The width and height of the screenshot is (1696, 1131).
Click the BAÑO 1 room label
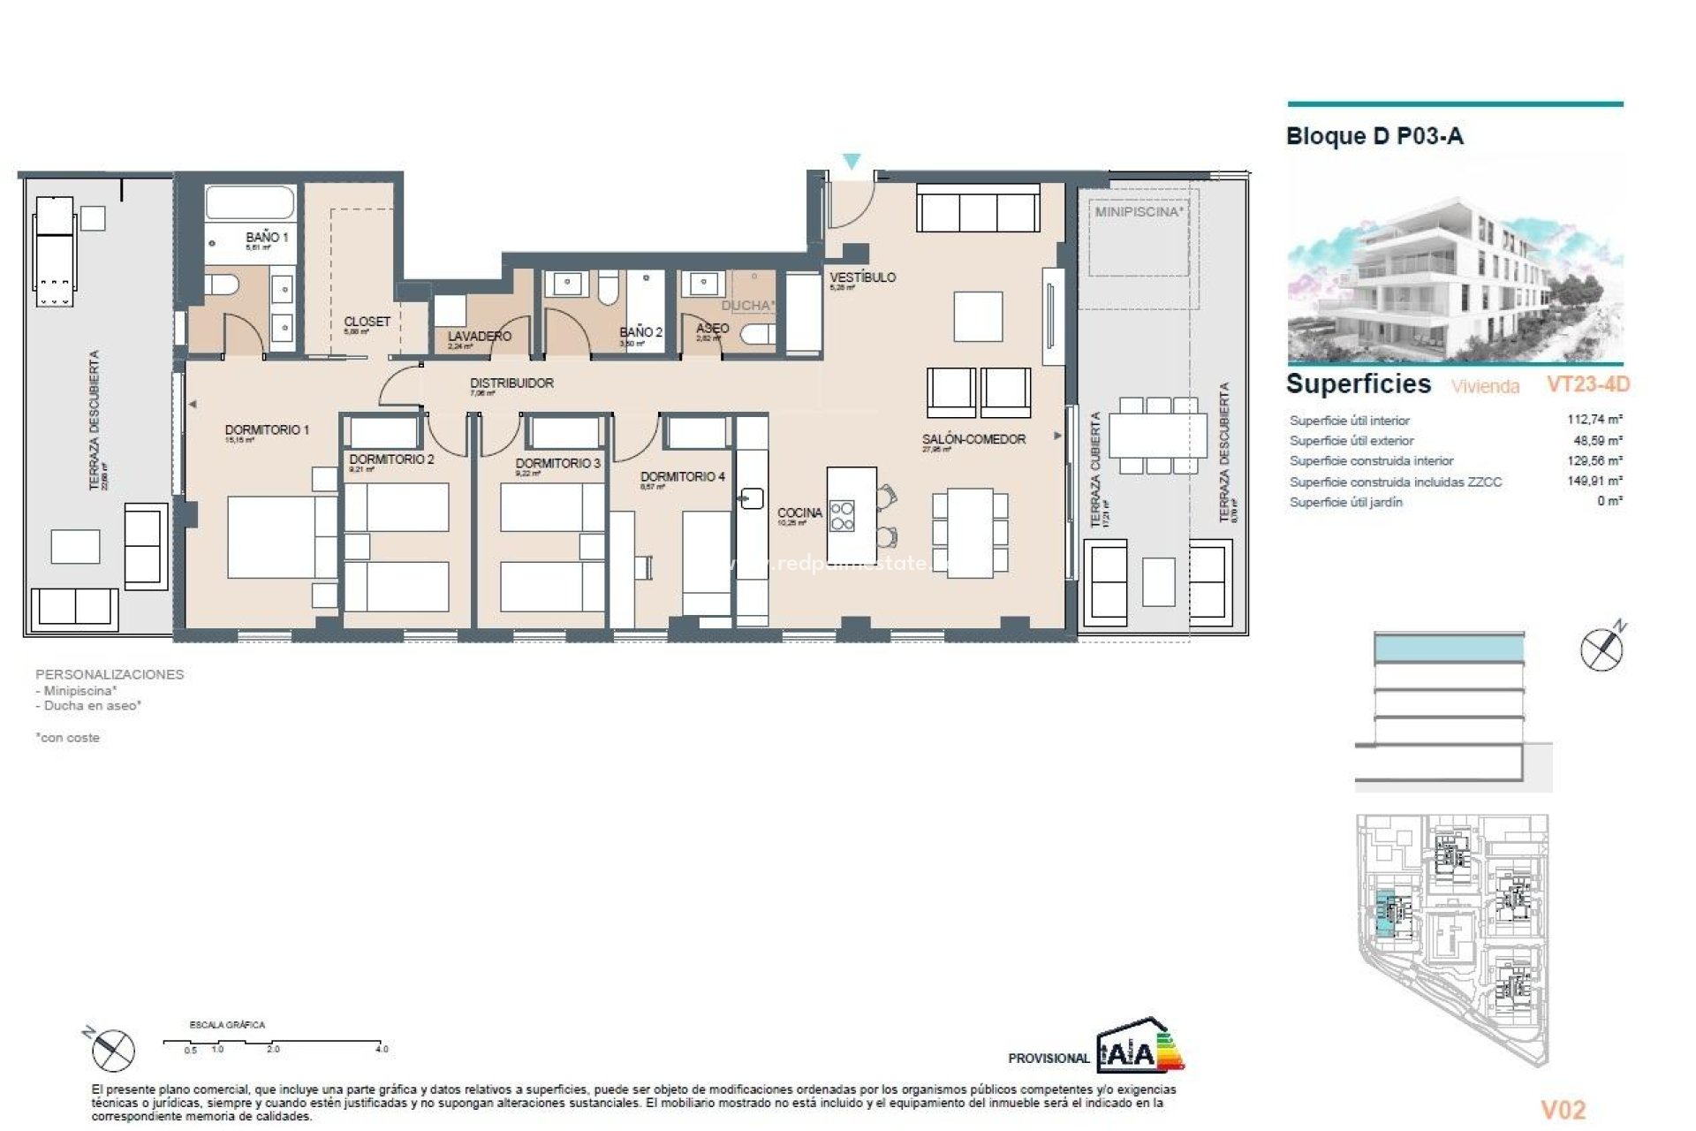[266, 237]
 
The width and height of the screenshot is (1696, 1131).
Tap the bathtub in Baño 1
[250, 202]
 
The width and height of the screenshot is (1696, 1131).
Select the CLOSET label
[367, 322]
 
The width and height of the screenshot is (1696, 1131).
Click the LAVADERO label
[479, 337]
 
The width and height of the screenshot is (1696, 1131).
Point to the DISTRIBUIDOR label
[511, 383]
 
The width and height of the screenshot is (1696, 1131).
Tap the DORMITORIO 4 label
[682, 476]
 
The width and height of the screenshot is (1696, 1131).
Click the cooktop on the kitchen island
[843, 516]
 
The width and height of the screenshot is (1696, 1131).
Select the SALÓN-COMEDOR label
[973, 439]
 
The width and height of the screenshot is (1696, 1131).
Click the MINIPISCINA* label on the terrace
[1139, 212]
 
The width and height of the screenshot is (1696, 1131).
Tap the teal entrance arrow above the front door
[851, 162]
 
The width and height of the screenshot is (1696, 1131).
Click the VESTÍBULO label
[862, 277]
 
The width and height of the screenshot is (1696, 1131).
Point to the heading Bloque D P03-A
[1374, 136]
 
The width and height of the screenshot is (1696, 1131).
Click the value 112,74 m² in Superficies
[1594, 420]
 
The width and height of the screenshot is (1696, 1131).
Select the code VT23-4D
[1587, 384]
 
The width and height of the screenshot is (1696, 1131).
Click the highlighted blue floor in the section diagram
[1449, 649]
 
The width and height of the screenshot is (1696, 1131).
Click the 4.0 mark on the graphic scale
[381, 1049]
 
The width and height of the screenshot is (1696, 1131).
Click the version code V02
[1563, 1110]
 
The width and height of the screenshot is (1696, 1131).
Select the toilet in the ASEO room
[758, 335]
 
